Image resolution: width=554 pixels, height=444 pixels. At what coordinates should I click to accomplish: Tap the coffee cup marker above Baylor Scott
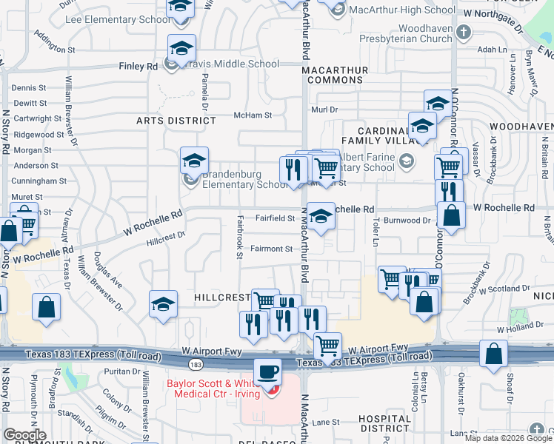267,370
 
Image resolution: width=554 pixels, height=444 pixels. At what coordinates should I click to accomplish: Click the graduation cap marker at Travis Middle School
181,48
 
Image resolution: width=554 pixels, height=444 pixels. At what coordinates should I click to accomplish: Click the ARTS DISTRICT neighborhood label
176,120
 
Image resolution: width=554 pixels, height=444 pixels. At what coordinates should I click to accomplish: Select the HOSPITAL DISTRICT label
384,423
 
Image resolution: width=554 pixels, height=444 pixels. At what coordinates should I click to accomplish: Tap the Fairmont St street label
270,249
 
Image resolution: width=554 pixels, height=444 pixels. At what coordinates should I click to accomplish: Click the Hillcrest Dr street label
165,238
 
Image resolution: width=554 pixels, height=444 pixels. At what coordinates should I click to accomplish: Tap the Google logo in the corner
24,435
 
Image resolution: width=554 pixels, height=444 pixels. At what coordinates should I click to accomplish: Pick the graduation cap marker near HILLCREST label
163,303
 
